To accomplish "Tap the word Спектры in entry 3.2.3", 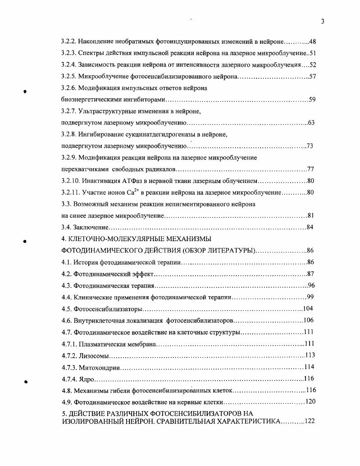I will (96, 53).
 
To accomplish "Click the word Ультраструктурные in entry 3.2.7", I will (106, 111).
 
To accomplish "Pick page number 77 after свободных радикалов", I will (310, 169).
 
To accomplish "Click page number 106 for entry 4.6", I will (308, 320).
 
